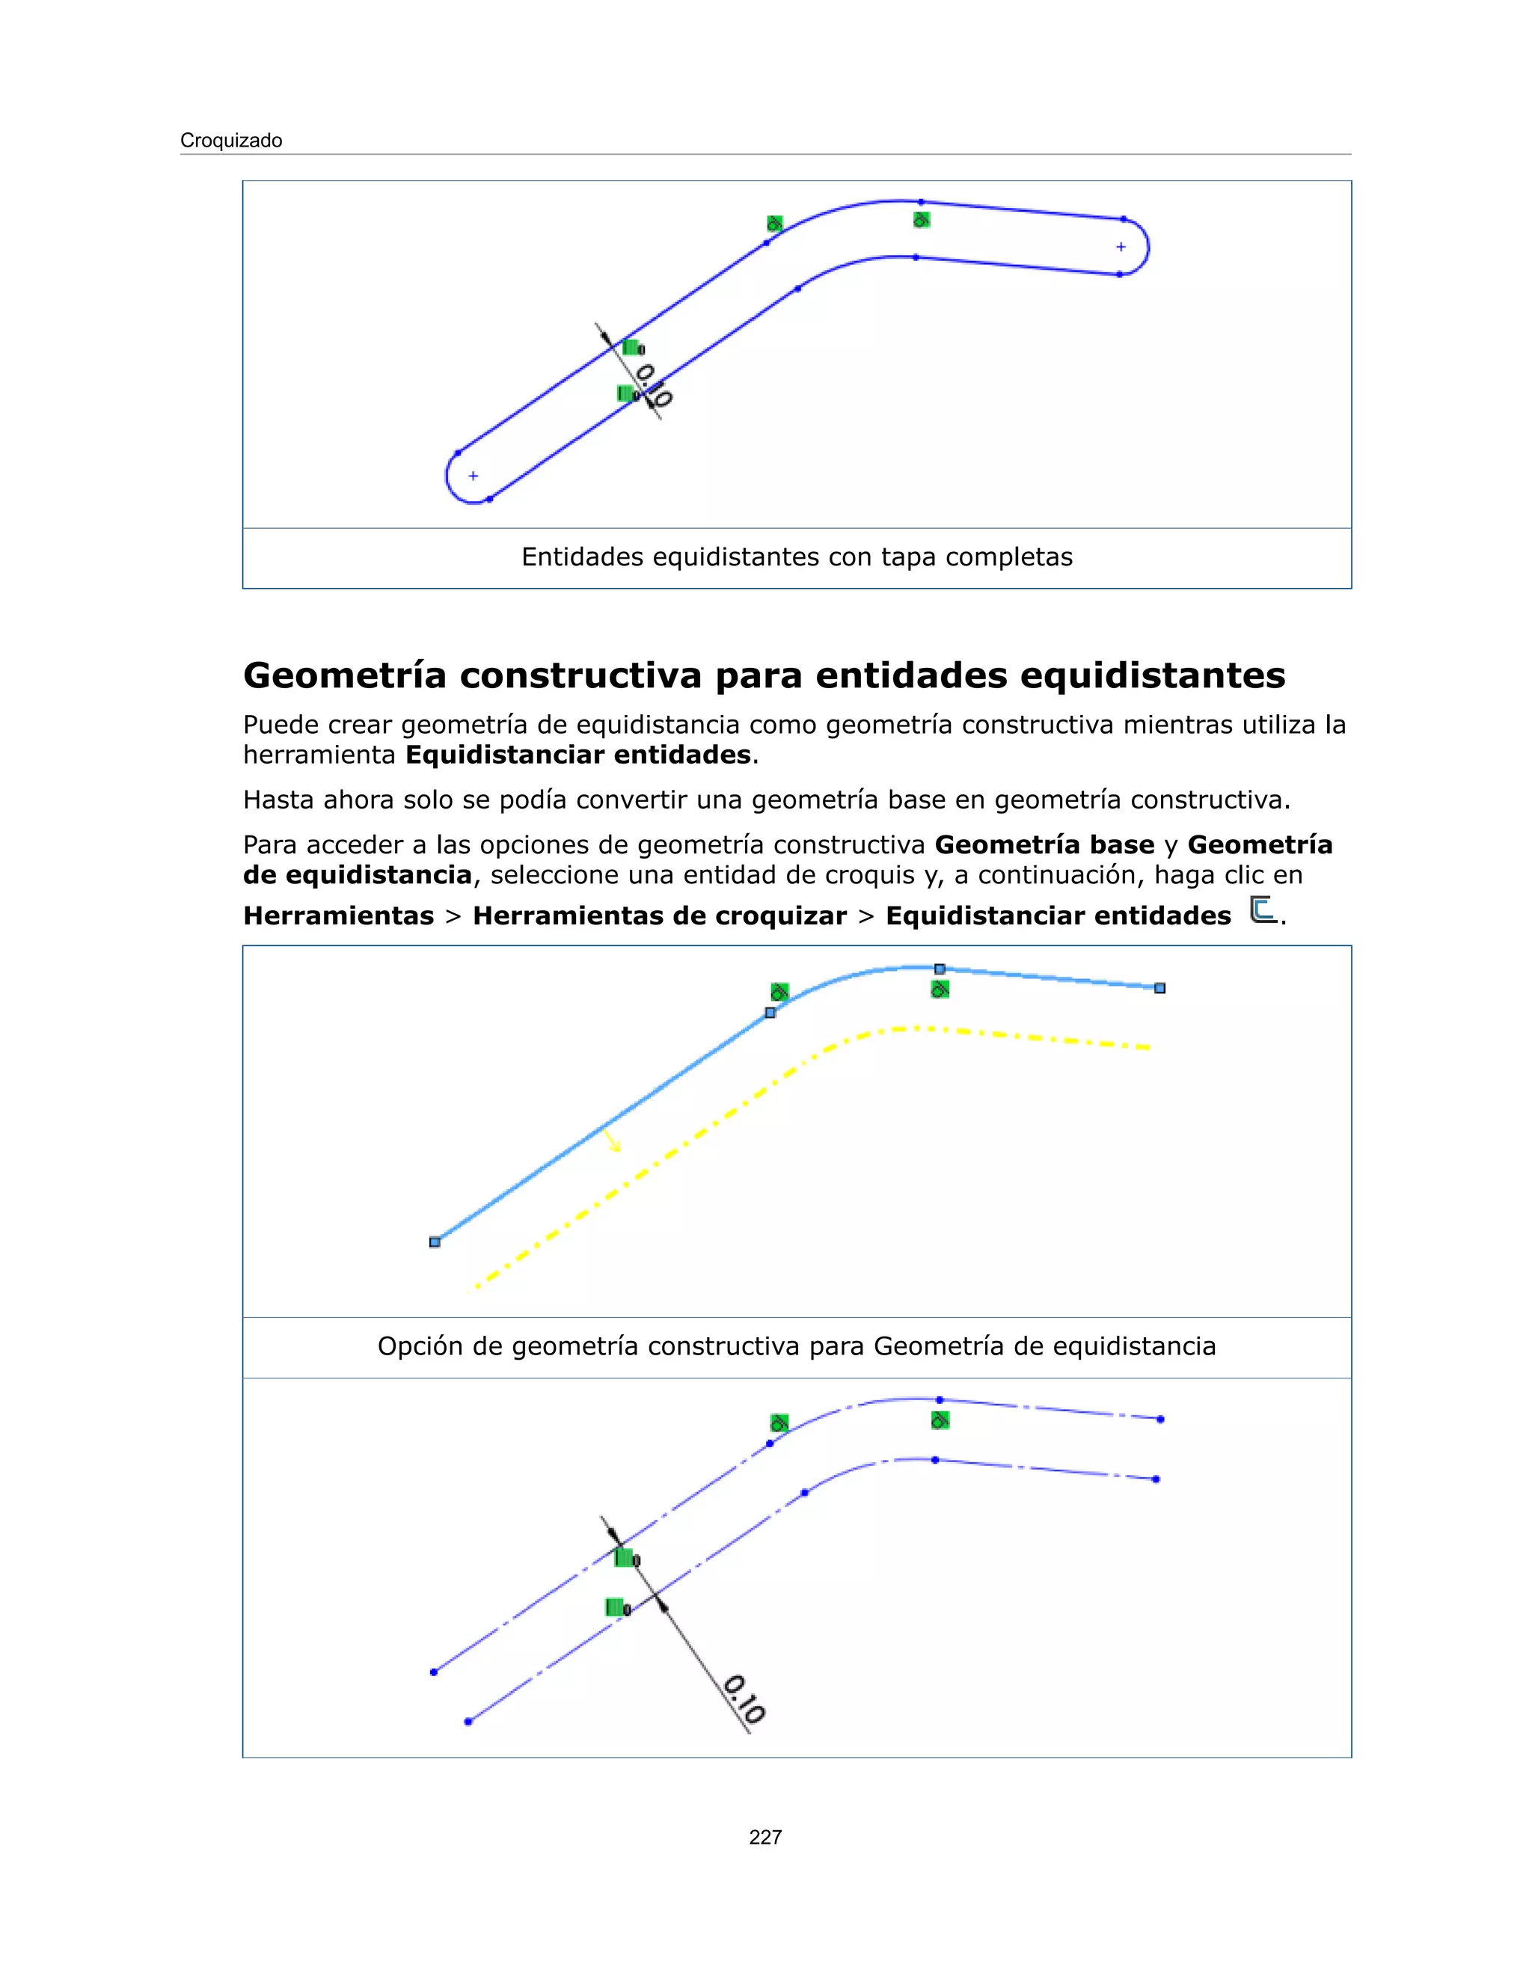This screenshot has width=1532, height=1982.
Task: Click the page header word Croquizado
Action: (x=230, y=141)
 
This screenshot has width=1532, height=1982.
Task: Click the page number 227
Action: (x=765, y=1837)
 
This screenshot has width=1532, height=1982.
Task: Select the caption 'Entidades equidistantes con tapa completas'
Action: (x=796, y=557)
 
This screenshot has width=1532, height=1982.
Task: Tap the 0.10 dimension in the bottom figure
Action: (x=744, y=1700)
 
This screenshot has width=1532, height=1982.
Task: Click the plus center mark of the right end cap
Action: (x=1121, y=247)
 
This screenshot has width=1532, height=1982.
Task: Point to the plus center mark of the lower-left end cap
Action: (x=473, y=476)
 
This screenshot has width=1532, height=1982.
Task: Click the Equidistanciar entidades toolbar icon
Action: (x=1261, y=909)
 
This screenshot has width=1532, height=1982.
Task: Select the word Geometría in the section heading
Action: (x=345, y=675)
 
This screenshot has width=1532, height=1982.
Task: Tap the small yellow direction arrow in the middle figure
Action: (x=613, y=1141)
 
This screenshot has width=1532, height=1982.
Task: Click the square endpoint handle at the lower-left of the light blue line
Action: (x=435, y=1242)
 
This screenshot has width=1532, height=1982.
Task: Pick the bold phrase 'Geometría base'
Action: (x=1044, y=845)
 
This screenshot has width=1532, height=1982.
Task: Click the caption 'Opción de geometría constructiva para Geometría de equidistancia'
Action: (x=796, y=1346)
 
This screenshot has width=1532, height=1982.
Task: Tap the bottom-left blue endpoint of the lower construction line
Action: (x=468, y=1722)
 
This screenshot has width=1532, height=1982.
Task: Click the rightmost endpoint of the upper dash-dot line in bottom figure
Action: (x=1160, y=1420)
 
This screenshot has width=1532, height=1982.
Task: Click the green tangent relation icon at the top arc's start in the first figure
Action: (x=774, y=223)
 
